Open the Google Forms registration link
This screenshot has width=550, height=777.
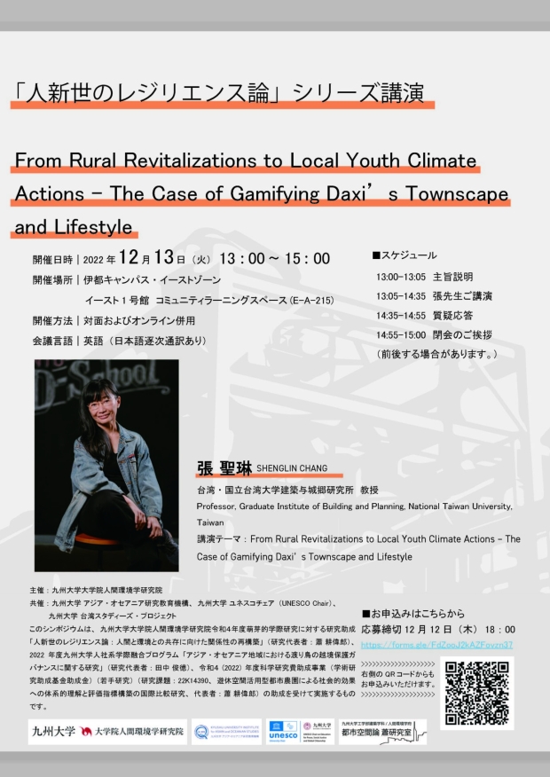tap(437, 644)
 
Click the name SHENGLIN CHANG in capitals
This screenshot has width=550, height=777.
tap(292, 468)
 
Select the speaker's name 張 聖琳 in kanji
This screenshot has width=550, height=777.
tap(224, 467)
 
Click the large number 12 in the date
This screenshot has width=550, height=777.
tap(130, 258)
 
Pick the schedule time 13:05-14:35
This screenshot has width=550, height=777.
tap(401, 295)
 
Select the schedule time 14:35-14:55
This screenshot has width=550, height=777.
tap(401, 315)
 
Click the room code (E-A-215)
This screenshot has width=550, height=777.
tap(311, 301)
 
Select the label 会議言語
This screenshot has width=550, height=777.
tap(52, 340)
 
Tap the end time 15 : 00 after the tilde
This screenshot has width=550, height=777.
tap(306, 258)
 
